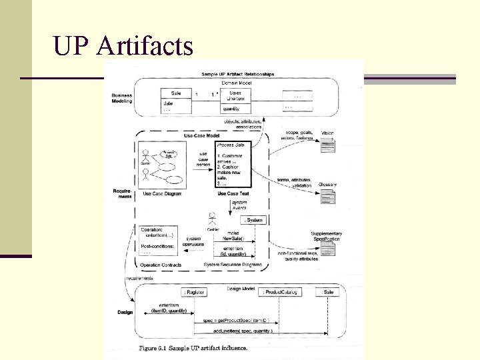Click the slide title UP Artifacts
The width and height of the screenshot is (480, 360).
(123, 45)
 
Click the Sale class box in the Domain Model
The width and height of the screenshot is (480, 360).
(176, 99)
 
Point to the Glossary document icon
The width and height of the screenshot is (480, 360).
(327, 196)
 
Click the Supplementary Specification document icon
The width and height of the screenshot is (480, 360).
(327, 248)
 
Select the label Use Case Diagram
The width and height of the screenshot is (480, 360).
(161, 194)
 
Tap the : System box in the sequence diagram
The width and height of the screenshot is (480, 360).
(254, 219)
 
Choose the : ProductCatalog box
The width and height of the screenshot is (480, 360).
(281, 292)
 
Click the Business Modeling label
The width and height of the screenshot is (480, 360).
(121, 98)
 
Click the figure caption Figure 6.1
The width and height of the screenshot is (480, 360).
(193, 348)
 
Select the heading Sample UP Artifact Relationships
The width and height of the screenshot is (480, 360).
(237, 74)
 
